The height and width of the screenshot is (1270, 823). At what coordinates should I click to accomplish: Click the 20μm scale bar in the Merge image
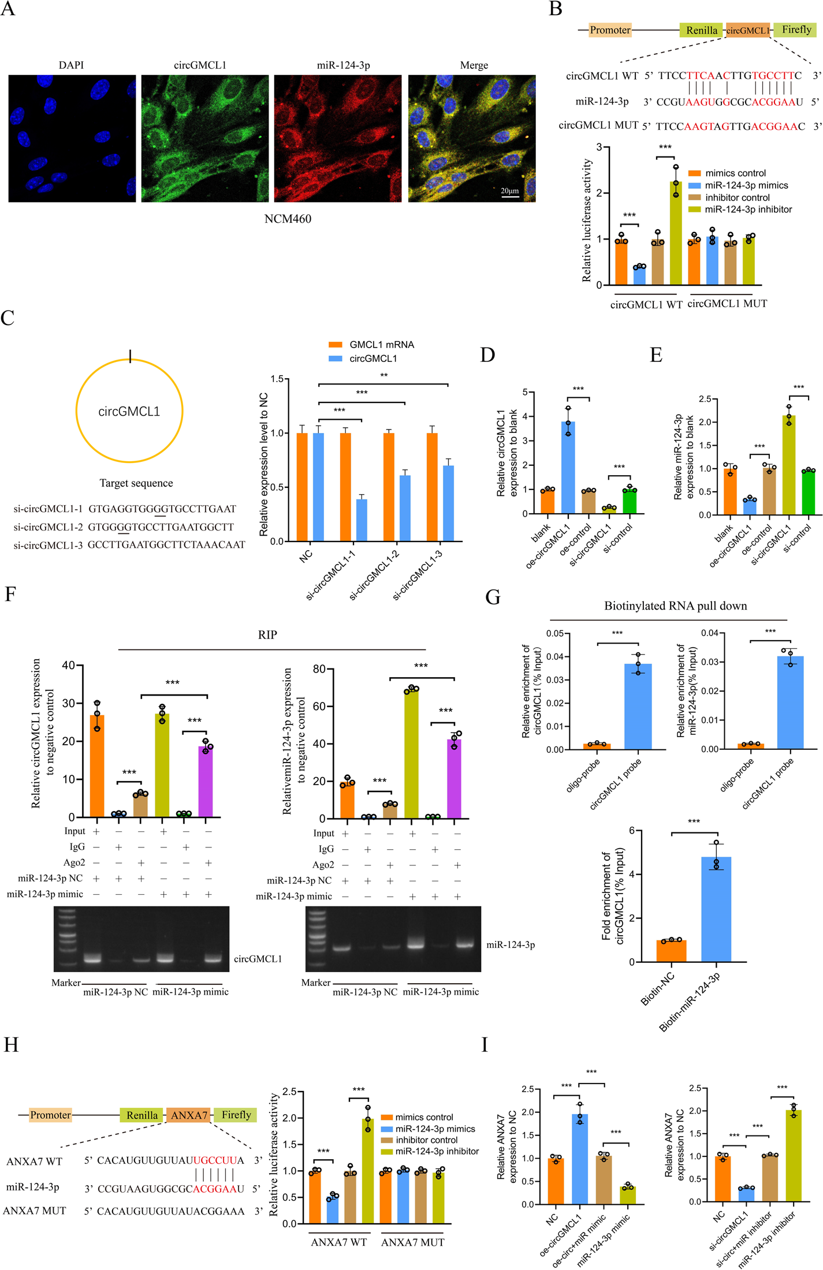click(510, 197)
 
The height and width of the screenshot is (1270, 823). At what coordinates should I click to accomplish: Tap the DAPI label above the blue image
click(71, 65)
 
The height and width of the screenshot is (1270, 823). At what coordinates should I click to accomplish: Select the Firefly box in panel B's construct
click(796, 30)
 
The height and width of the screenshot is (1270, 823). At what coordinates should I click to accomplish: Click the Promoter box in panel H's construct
click(50, 1115)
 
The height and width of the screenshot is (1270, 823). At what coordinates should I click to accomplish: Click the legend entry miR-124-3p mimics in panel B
click(746, 185)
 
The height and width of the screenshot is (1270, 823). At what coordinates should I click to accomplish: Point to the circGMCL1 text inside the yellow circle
click(129, 412)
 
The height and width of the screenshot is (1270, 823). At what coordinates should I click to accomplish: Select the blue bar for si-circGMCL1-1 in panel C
click(362, 520)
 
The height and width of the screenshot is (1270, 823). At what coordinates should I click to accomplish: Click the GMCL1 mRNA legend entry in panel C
click(381, 345)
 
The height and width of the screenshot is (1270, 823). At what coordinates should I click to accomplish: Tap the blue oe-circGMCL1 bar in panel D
click(568, 468)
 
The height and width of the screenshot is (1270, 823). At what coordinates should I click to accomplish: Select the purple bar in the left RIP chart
click(206, 782)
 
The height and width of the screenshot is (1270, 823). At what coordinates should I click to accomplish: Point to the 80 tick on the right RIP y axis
click(319, 669)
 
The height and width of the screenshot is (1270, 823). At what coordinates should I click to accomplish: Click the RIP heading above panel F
click(267, 635)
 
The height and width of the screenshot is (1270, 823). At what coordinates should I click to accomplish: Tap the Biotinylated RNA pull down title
click(675, 606)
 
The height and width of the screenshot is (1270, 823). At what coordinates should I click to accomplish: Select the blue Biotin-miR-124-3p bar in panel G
click(716, 909)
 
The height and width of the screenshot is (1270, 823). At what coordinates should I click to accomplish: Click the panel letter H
click(11, 1045)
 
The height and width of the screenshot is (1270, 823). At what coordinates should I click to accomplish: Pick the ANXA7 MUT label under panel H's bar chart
click(412, 1242)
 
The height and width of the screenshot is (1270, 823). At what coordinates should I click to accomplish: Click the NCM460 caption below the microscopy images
click(288, 219)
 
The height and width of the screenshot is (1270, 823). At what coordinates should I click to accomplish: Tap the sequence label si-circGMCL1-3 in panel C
click(49, 544)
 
